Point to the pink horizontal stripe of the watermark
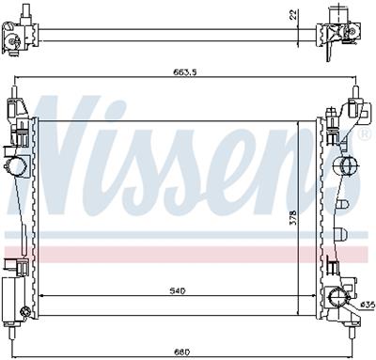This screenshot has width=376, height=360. point(188,253)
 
